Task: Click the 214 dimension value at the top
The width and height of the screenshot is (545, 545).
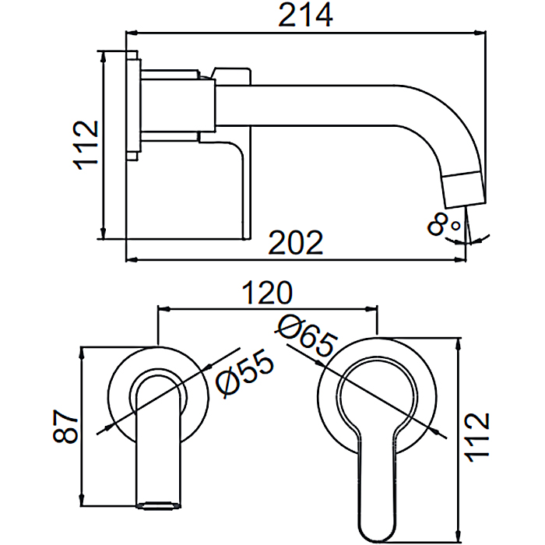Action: pyautogui.click(x=305, y=16)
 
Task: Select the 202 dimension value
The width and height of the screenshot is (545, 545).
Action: pyautogui.click(x=296, y=242)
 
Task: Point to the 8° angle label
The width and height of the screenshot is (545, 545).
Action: pyautogui.click(x=444, y=224)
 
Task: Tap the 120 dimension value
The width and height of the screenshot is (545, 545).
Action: pyautogui.click(x=267, y=293)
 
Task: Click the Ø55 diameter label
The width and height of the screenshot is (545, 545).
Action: pyautogui.click(x=244, y=374)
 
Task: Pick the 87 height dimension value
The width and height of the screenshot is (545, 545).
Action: pyautogui.click(x=65, y=427)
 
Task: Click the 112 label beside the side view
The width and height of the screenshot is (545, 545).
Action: pyautogui.click(x=86, y=146)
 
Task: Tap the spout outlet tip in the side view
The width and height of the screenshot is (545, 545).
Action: pyautogui.click(x=466, y=205)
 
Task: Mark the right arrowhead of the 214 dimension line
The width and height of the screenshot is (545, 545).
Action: pyautogui.click(x=480, y=33)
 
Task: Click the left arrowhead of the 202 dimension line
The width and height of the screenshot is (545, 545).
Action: pyautogui.click(x=132, y=259)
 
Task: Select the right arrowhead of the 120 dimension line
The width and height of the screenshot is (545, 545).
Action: pyautogui.click(x=371, y=308)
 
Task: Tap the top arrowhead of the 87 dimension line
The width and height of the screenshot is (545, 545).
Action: pyautogui.click(x=82, y=353)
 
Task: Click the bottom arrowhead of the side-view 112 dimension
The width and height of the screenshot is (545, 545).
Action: pyautogui.click(x=103, y=233)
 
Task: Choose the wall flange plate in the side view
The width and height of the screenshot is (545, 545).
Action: pyautogui.click(x=133, y=106)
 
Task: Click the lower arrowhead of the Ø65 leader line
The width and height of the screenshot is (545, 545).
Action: pyautogui.click(x=434, y=431)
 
